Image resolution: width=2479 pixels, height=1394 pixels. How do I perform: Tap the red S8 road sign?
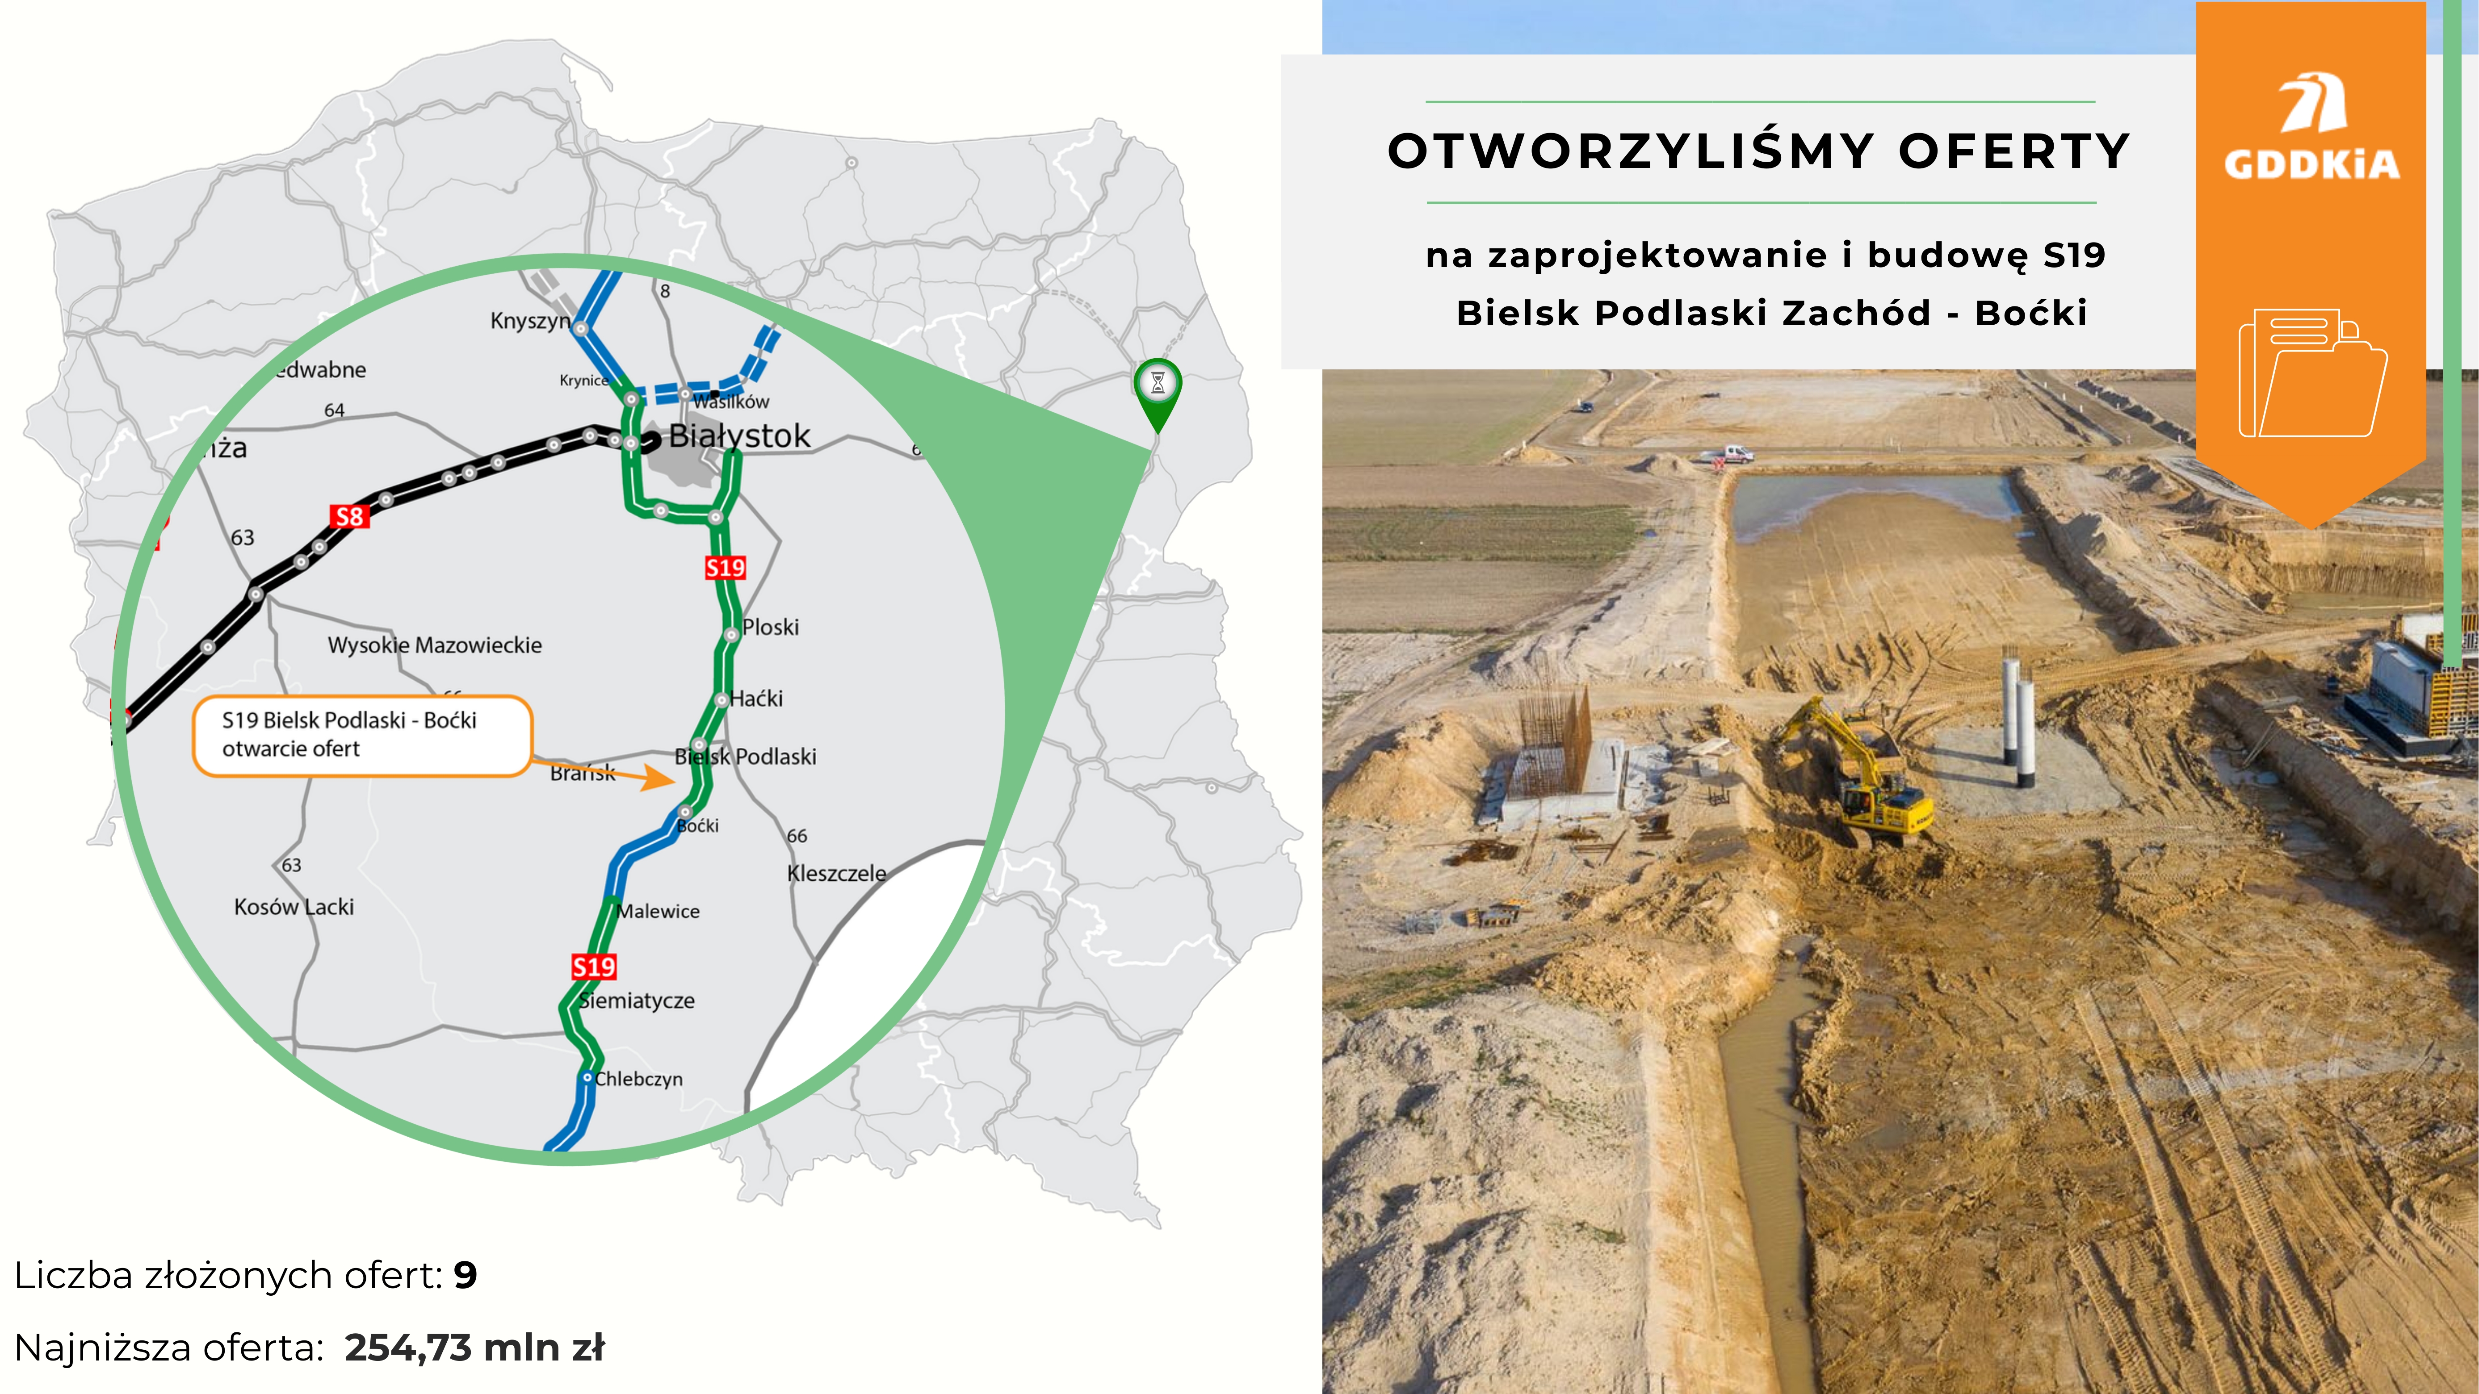(348, 517)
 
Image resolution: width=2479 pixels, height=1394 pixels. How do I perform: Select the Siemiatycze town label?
(637, 1000)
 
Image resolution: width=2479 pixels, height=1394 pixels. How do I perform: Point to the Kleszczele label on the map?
(836, 874)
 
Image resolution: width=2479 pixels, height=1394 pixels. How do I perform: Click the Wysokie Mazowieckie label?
(435, 645)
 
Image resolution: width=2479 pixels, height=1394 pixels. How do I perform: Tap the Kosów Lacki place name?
(294, 907)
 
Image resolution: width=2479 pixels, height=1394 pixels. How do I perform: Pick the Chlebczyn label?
(639, 1080)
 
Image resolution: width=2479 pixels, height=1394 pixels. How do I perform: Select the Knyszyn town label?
(530, 320)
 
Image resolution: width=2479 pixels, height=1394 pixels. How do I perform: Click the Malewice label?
(658, 911)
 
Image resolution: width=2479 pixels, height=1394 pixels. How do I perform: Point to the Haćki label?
(756, 699)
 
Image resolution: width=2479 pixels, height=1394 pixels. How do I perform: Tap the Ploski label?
(771, 627)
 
